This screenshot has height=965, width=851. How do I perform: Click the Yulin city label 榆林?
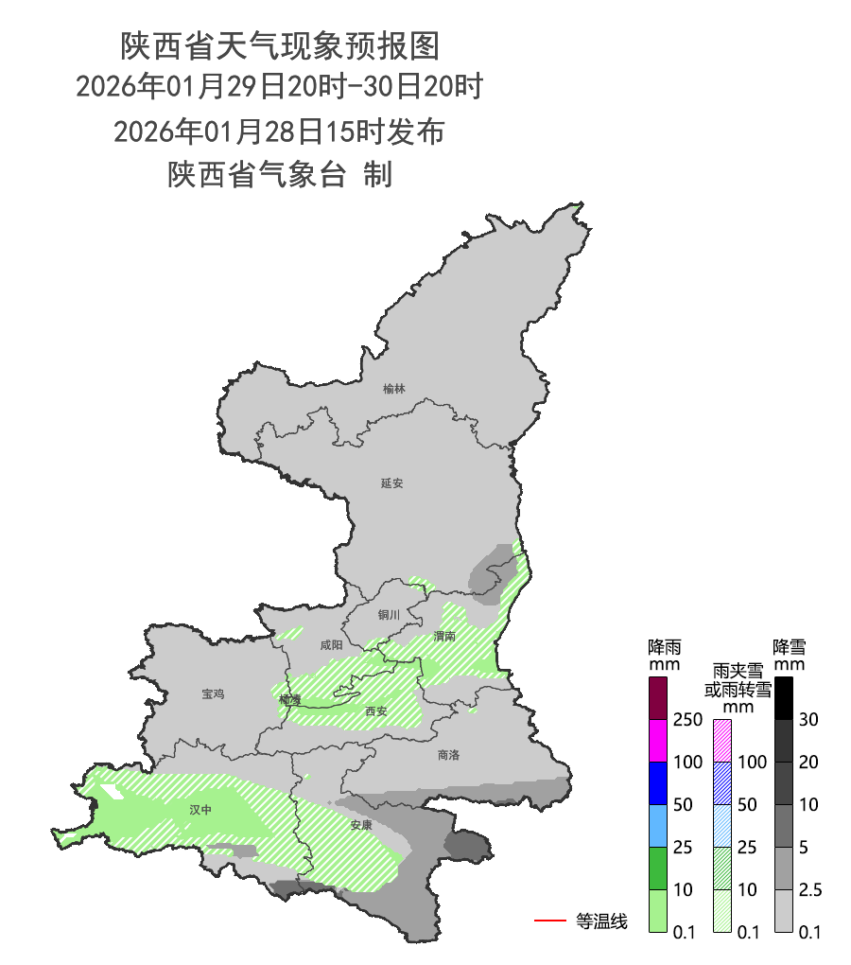tap(394, 389)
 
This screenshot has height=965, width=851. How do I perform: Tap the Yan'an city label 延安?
tap(391, 482)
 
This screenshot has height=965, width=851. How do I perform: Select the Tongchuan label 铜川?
tap(389, 615)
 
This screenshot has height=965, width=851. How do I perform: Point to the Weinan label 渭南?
tap(444, 636)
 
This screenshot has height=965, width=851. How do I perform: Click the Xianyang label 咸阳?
tap(332, 645)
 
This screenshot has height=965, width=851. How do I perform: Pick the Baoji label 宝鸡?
tap(213, 693)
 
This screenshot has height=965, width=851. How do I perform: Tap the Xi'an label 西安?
tap(375, 711)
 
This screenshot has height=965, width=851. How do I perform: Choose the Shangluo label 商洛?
tap(448, 755)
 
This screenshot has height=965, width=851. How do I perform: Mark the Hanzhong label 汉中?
tap(200, 810)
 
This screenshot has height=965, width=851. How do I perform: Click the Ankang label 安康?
tap(360, 825)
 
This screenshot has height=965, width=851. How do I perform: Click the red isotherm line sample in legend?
tap(549, 920)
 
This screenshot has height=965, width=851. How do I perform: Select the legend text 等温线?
tap(601, 921)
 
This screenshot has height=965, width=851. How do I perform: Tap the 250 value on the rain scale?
tap(686, 720)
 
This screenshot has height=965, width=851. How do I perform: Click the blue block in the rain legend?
tap(658, 782)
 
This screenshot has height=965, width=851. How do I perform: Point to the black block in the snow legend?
tap(783, 698)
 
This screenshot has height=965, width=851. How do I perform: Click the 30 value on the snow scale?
tap(808, 720)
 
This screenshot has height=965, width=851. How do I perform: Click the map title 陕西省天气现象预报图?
tap(280, 44)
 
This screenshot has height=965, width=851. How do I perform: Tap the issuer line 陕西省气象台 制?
tap(280, 174)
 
